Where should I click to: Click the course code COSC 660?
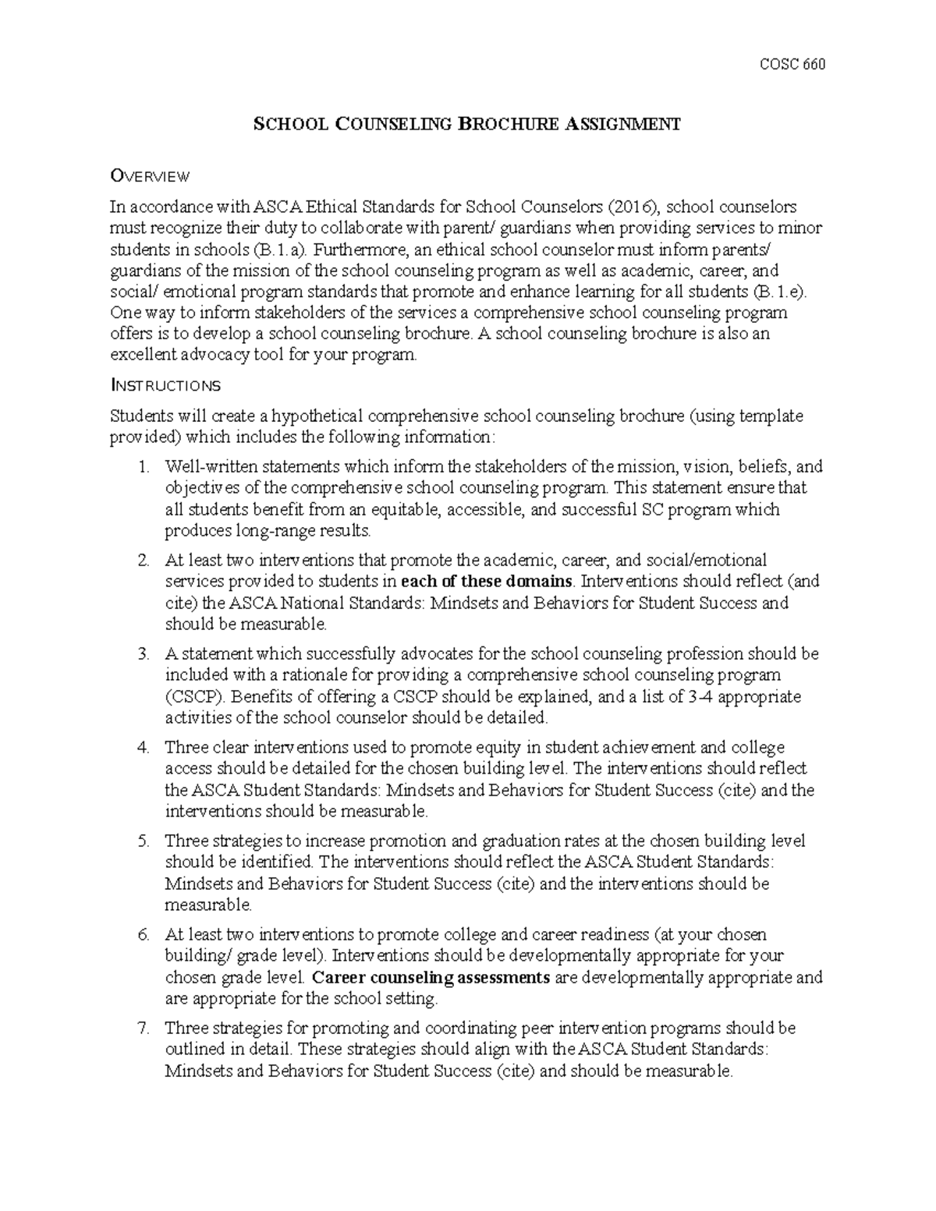(792, 65)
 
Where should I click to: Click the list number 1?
(142, 467)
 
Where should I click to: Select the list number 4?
(142, 748)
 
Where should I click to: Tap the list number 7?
(142, 1029)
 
